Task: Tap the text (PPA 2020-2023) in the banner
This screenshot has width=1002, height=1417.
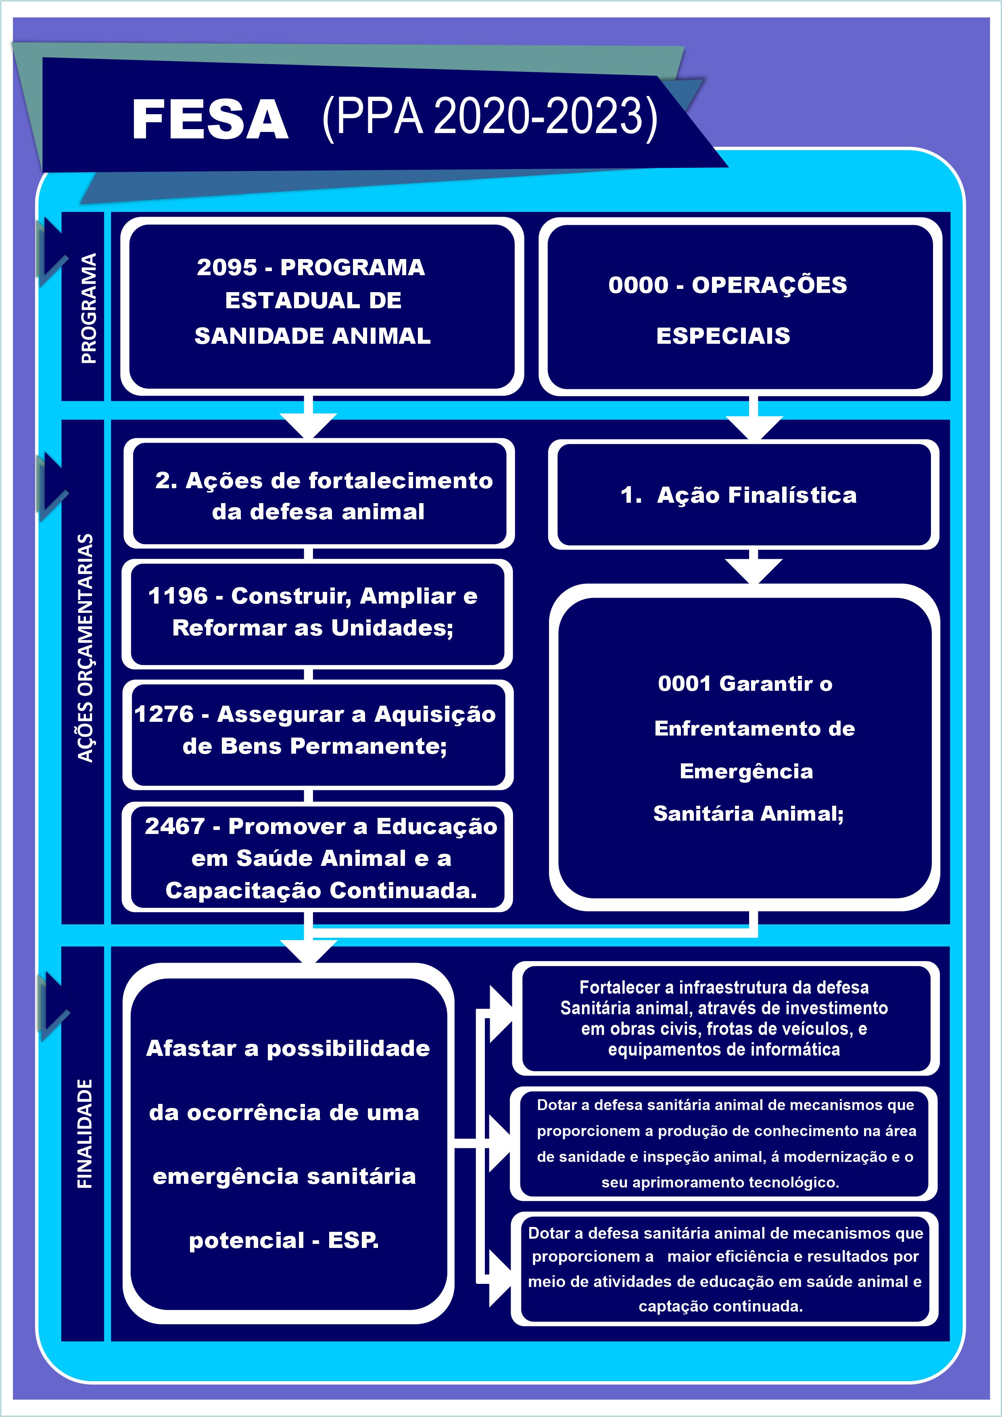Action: (490, 117)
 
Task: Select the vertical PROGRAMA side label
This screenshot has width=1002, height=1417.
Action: (89, 307)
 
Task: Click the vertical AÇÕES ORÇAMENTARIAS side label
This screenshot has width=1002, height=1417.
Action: (85, 648)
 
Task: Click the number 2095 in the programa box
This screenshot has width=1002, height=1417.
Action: (226, 267)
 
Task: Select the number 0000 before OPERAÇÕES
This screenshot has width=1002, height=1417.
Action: (638, 285)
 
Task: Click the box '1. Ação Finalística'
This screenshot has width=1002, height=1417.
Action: (743, 494)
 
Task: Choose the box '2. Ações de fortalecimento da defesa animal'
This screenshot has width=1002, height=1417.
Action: (319, 494)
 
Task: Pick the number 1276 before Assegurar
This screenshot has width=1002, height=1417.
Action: (164, 714)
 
